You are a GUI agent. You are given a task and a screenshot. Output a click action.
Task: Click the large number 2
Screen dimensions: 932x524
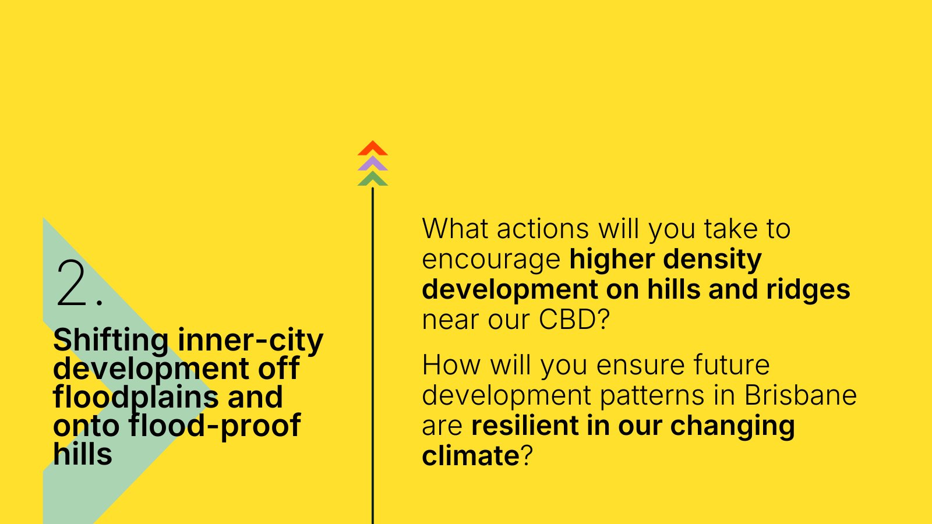(72, 284)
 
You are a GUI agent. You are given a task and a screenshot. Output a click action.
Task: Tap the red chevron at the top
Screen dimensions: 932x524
(373, 148)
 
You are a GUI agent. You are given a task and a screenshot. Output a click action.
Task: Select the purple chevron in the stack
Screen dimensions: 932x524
(373, 164)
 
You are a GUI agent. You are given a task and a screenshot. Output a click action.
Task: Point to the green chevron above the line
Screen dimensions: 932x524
(373, 179)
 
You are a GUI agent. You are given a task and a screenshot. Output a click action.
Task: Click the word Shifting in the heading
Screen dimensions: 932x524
(111, 341)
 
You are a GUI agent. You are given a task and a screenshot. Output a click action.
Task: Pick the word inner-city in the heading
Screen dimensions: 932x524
(250, 341)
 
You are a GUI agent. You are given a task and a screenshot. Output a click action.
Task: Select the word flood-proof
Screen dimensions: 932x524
(214, 426)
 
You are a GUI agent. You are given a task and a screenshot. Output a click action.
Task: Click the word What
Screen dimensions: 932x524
(455, 228)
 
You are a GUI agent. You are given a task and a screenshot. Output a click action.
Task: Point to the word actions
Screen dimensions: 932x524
(543, 229)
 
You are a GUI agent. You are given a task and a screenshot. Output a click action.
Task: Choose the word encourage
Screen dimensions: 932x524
(491, 260)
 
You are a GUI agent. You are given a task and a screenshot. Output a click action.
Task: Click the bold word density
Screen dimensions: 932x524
(712, 260)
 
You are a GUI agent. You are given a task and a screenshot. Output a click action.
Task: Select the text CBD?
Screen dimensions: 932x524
(574, 320)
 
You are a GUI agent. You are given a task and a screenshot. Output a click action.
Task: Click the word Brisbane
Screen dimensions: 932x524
(800, 395)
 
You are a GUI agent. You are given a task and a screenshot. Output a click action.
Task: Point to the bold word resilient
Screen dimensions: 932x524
(525, 425)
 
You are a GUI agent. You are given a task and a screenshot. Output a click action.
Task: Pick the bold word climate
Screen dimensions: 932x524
(471, 455)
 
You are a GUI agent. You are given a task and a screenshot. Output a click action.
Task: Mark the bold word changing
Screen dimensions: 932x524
(733, 426)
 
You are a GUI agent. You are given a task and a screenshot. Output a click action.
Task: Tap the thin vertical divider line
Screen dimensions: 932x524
(373, 356)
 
